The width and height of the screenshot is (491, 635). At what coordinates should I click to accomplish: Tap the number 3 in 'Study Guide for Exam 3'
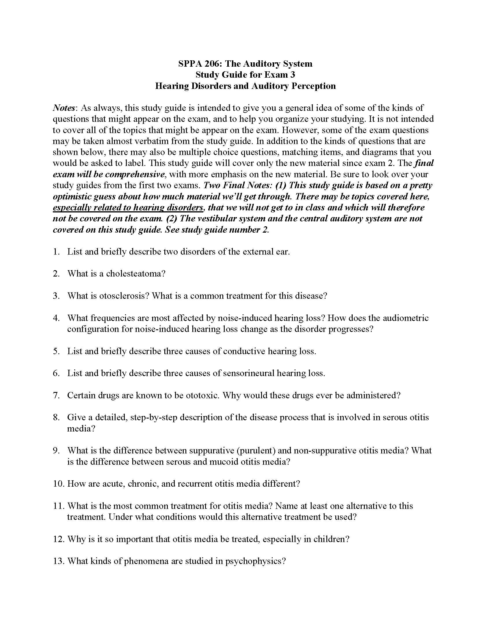[292, 75]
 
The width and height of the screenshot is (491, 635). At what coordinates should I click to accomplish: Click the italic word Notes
[64, 108]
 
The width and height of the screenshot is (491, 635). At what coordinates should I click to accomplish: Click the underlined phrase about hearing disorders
[128, 208]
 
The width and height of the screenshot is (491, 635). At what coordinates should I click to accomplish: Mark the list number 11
[58, 506]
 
